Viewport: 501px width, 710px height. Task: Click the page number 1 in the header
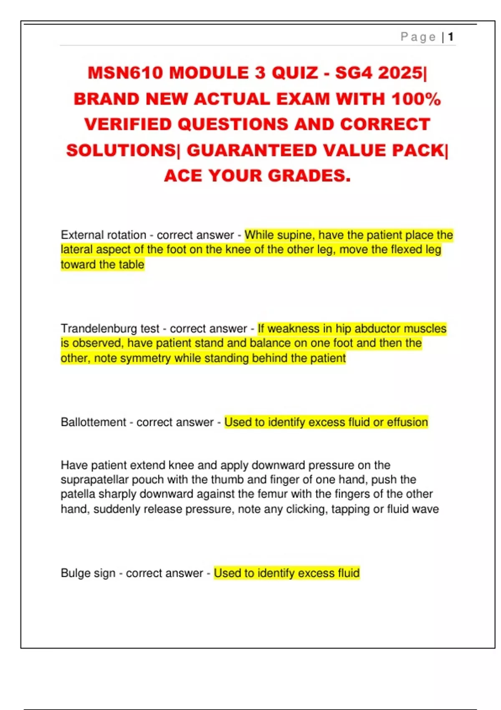coord(450,37)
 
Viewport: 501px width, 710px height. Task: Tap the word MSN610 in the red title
coord(125,73)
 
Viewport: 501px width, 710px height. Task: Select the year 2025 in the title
coord(400,73)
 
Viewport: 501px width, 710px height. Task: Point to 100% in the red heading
coord(416,99)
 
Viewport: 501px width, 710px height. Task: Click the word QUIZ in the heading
coord(295,73)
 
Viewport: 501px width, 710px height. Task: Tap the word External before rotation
coord(81,235)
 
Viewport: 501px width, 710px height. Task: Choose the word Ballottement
coord(93,422)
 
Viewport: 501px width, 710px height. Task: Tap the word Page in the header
coord(418,37)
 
